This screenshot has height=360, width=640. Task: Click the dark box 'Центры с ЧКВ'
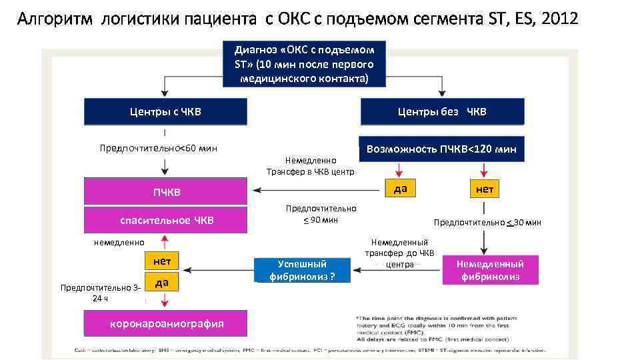pos(165,112)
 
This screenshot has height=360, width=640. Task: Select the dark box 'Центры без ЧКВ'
pos(442,112)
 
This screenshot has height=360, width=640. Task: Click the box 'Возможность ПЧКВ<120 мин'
pos(441,149)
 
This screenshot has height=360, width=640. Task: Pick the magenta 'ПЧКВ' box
pos(166,192)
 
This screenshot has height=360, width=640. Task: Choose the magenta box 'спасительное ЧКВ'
pos(166,220)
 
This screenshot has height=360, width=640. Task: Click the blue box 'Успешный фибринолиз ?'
pos(302,270)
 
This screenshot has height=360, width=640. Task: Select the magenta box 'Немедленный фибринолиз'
pos(490,270)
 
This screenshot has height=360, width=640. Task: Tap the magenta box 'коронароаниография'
pos(166,324)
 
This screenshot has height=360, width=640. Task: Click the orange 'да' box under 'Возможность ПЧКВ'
pos(400,189)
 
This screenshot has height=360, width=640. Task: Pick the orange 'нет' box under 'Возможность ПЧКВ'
pos(485,189)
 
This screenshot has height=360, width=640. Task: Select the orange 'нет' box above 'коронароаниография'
pos(161,261)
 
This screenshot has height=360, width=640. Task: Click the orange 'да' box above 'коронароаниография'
pos(161,283)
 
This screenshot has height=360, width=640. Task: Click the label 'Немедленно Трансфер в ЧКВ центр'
pos(311,166)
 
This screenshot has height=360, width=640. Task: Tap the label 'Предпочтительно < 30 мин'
pos(487,223)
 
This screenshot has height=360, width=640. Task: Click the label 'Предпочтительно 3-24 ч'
pos(100,293)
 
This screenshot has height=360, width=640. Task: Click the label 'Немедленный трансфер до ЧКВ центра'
pos(400,253)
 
